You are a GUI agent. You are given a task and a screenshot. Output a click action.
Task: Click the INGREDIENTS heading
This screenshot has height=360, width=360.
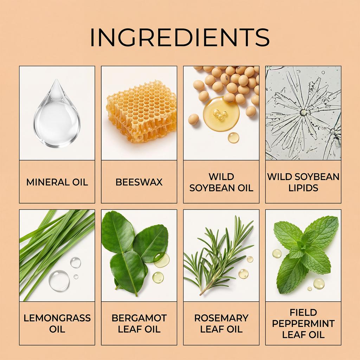[180, 37]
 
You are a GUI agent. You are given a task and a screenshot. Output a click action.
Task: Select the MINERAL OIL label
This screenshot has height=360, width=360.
[57, 182]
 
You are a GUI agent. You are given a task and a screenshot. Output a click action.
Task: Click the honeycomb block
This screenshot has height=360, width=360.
[142, 111]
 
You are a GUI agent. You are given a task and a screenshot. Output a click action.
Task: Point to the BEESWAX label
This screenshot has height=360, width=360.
[139, 182]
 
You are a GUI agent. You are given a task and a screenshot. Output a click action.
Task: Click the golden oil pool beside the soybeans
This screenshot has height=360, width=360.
[221, 114]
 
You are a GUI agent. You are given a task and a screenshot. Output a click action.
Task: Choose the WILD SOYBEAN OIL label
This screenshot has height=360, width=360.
[221, 182]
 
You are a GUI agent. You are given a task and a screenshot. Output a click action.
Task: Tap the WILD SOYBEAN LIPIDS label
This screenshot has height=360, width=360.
[303, 182]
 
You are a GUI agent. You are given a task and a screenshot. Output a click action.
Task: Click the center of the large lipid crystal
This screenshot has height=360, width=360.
[303, 112]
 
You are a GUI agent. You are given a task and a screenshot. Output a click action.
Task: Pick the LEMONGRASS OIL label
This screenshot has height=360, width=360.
[57, 323]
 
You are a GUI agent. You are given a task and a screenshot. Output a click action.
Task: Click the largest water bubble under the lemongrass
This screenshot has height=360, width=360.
[59, 281]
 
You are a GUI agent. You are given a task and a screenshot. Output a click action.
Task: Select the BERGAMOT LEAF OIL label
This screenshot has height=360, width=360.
[139, 323]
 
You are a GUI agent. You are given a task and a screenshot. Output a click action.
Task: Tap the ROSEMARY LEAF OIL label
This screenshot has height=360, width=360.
[221, 323]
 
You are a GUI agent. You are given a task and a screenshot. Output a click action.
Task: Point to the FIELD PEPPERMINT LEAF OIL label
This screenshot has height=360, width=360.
[303, 323]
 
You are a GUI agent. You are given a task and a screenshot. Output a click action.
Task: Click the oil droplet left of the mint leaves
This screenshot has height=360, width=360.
[277, 253]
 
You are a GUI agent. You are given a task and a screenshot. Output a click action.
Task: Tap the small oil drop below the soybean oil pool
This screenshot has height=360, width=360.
[233, 138]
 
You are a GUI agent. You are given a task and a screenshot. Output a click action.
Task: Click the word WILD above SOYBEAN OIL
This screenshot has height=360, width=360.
[221, 177]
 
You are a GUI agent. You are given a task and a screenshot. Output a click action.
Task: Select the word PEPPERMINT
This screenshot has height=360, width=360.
[303, 323]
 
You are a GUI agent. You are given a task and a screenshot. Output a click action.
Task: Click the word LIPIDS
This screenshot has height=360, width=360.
[303, 188]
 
